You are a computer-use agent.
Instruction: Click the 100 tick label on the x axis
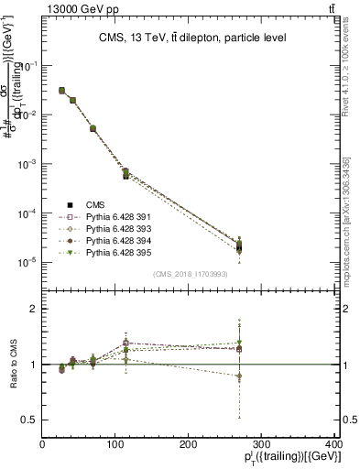[115, 444]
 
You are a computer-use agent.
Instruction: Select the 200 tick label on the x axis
[189, 444]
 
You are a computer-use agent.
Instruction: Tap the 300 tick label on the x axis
[262, 444]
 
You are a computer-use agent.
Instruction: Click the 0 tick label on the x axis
[43, 444]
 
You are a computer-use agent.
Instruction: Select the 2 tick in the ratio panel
[35, 309]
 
